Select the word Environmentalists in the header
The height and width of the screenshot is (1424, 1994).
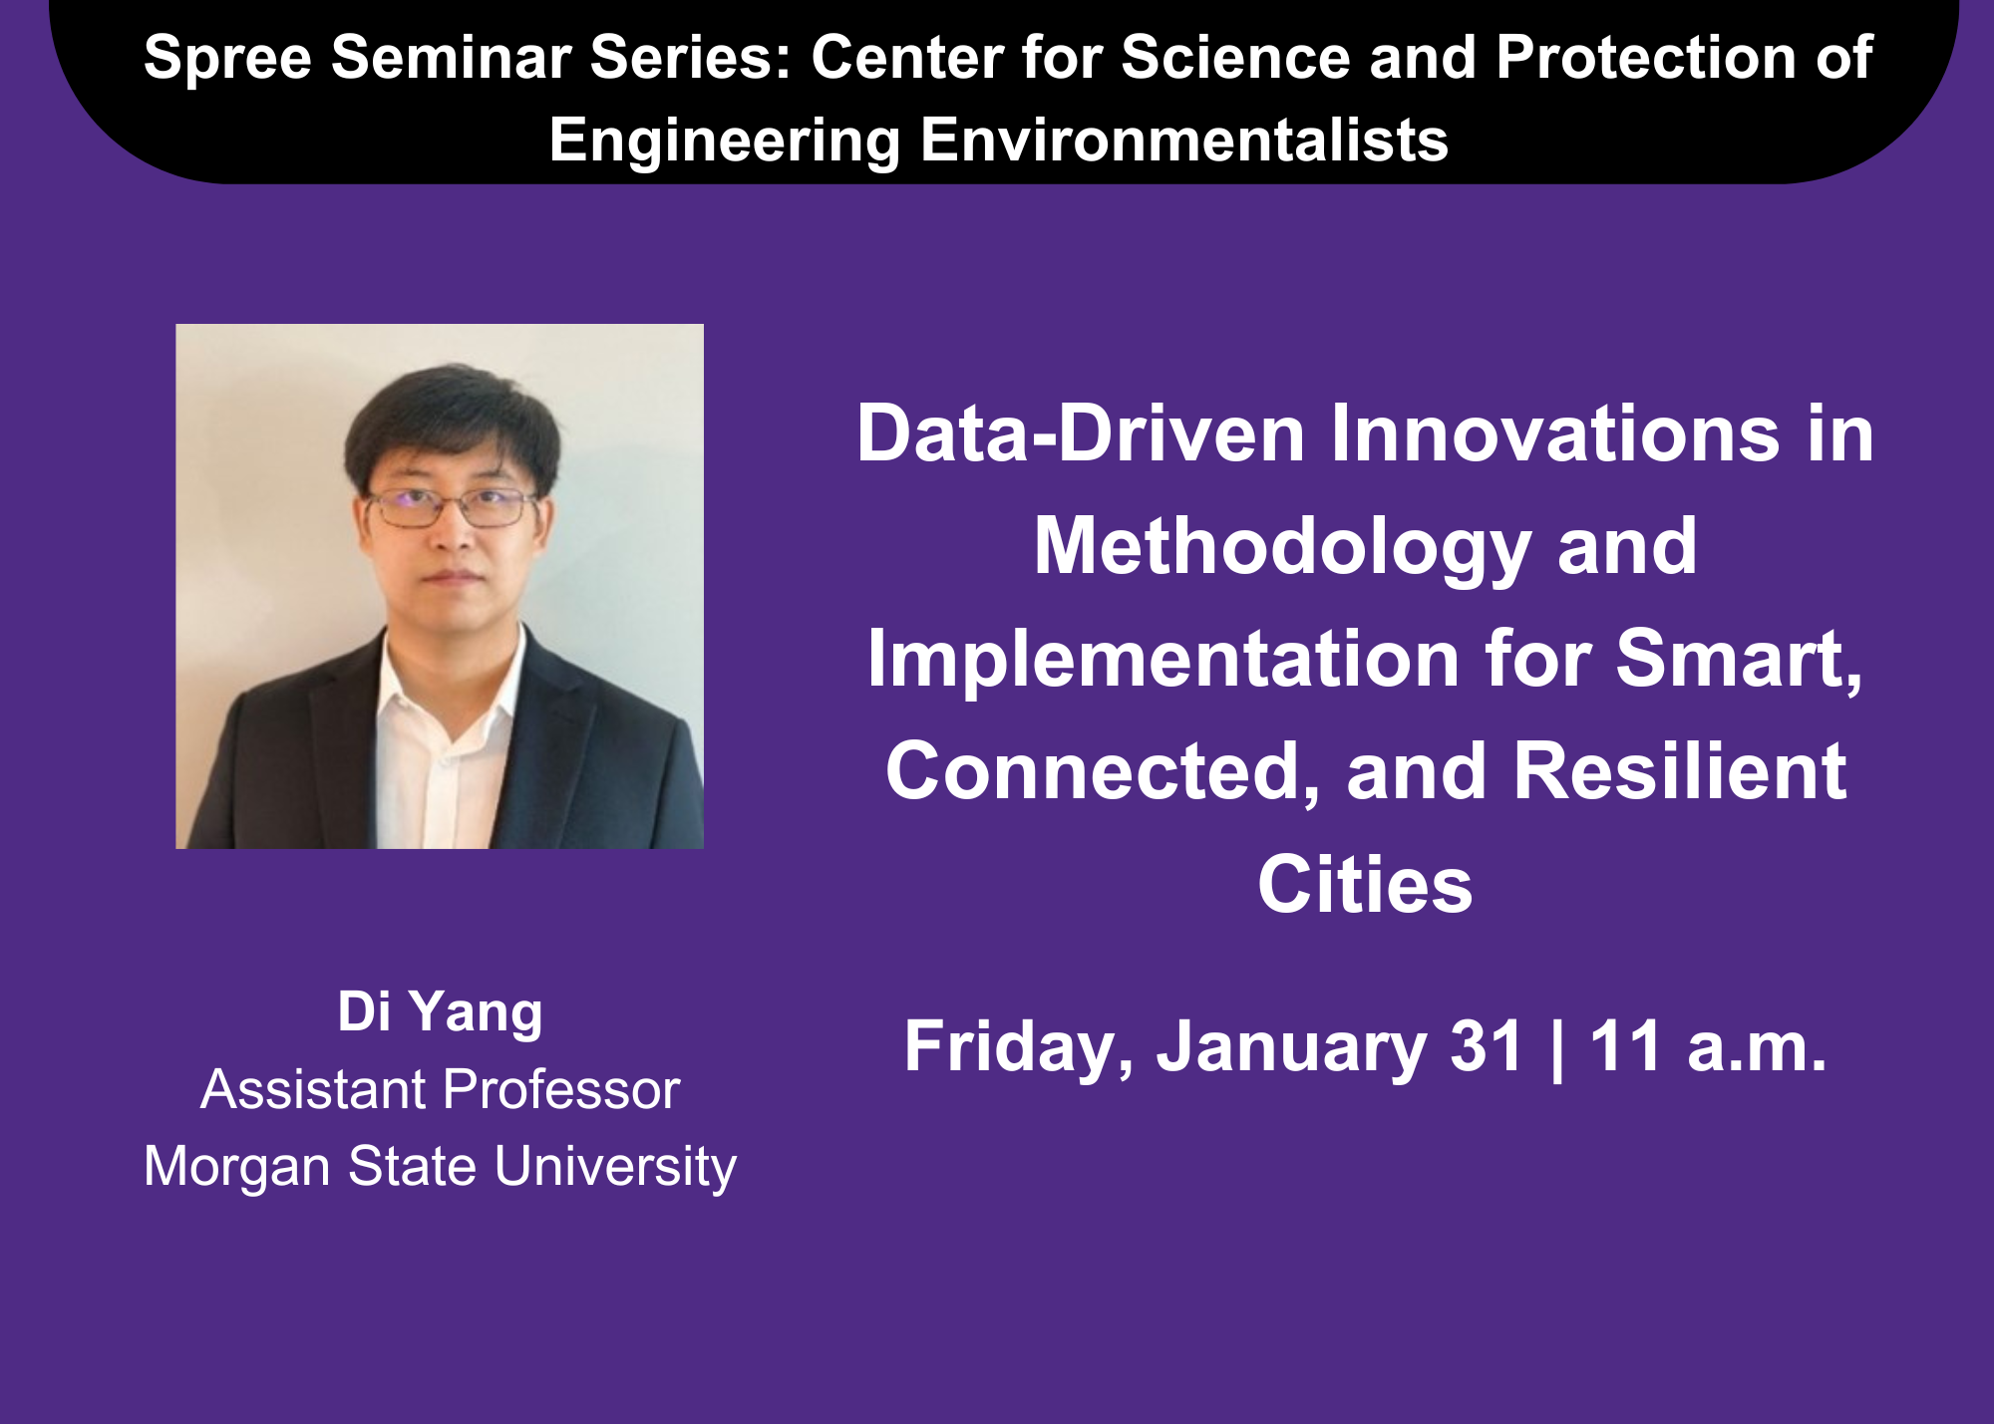pyautogui.click(x=1183, y=140)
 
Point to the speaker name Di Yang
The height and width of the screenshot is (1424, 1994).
pyautogui.click(x=440, y=1012)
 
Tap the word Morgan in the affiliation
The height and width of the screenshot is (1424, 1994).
pyautogui.click(x=237, y=1167)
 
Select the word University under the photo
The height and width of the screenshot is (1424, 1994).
pyautogui.click(x=615, y=1167)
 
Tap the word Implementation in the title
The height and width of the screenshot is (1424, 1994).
pyautogui.click(x=1163, y=660)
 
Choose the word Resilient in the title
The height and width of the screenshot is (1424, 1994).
pyautogui.click(x=1680, y=771)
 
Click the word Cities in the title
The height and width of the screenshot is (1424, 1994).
pyautogui.click(x=1365, y=884)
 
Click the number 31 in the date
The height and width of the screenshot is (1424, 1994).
pyautogui.click(x=1487, y=1047)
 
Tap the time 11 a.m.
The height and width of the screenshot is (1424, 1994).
pyautogui.click(x=1708, y=1047)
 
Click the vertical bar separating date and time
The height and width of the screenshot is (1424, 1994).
pyautogui.click(x=1557, y=1047)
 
